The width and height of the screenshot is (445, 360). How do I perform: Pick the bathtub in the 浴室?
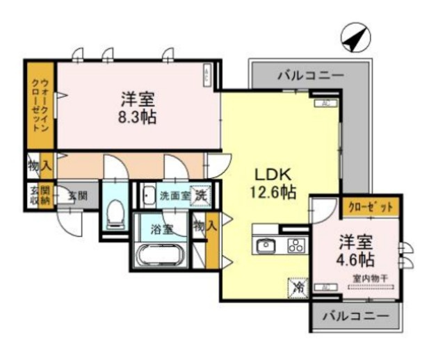click(x=160, y=255)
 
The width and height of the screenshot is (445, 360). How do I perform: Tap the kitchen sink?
click(x=267, y=245)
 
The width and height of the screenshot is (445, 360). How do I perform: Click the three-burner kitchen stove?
click(x=295, y=245)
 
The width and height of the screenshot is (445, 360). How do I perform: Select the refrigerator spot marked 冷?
click(x=297, y=286)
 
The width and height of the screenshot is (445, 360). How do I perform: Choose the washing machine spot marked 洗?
click(x=200, y=195)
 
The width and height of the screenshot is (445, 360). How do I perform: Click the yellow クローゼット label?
click(x=371, y=207)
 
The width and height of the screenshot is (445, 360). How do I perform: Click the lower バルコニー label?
click(x=357, y=316)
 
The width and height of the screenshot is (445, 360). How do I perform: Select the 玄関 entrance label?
click(x=78, y=195)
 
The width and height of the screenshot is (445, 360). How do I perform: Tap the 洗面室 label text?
click(x=174, y=196)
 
